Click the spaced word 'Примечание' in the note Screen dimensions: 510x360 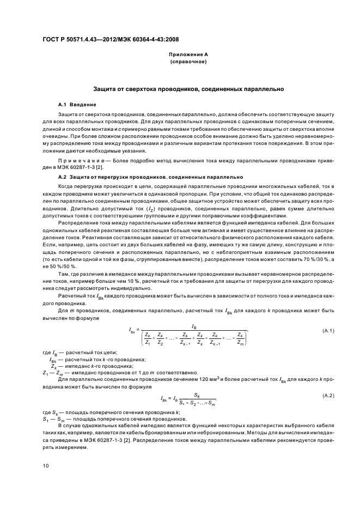coord(81,162)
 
